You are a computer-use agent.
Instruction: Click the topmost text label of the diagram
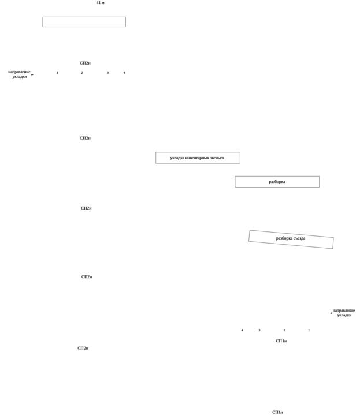99,3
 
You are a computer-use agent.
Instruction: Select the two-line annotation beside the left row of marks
20,74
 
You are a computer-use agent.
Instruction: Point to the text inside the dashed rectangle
290,238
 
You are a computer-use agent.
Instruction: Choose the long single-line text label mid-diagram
197,158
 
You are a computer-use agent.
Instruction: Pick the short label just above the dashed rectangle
277,182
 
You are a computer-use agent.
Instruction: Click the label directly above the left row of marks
85,62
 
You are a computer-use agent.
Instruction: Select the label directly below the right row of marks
281,341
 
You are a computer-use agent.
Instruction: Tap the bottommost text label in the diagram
277,412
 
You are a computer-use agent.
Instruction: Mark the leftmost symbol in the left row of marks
57,73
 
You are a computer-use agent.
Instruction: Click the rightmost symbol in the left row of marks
124,73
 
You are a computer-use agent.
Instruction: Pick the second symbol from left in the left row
82,73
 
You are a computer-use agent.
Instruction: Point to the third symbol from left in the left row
107,73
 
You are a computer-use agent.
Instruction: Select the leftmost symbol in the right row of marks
242,330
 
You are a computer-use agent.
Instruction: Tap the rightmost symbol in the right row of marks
309,330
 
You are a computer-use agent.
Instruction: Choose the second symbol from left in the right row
259,330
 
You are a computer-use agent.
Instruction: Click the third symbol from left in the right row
284,330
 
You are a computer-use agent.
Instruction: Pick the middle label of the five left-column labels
86,208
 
